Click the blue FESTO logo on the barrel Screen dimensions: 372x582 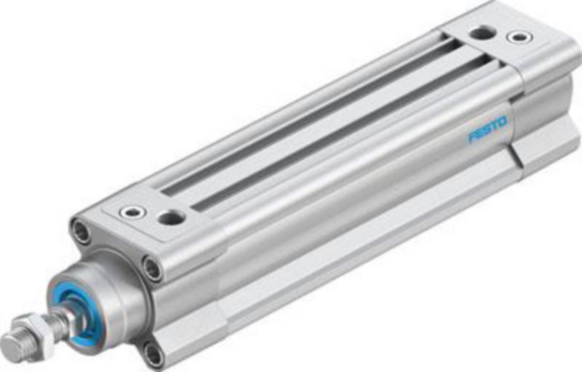click(x=487, y=129)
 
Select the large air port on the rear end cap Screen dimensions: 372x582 click(x=483, y=33)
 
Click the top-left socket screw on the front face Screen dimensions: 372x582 click(x=81, y=232)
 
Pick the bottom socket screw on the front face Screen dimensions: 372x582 click(x=153, y=355)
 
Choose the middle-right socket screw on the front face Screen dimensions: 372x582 click(x=152, y=268)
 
